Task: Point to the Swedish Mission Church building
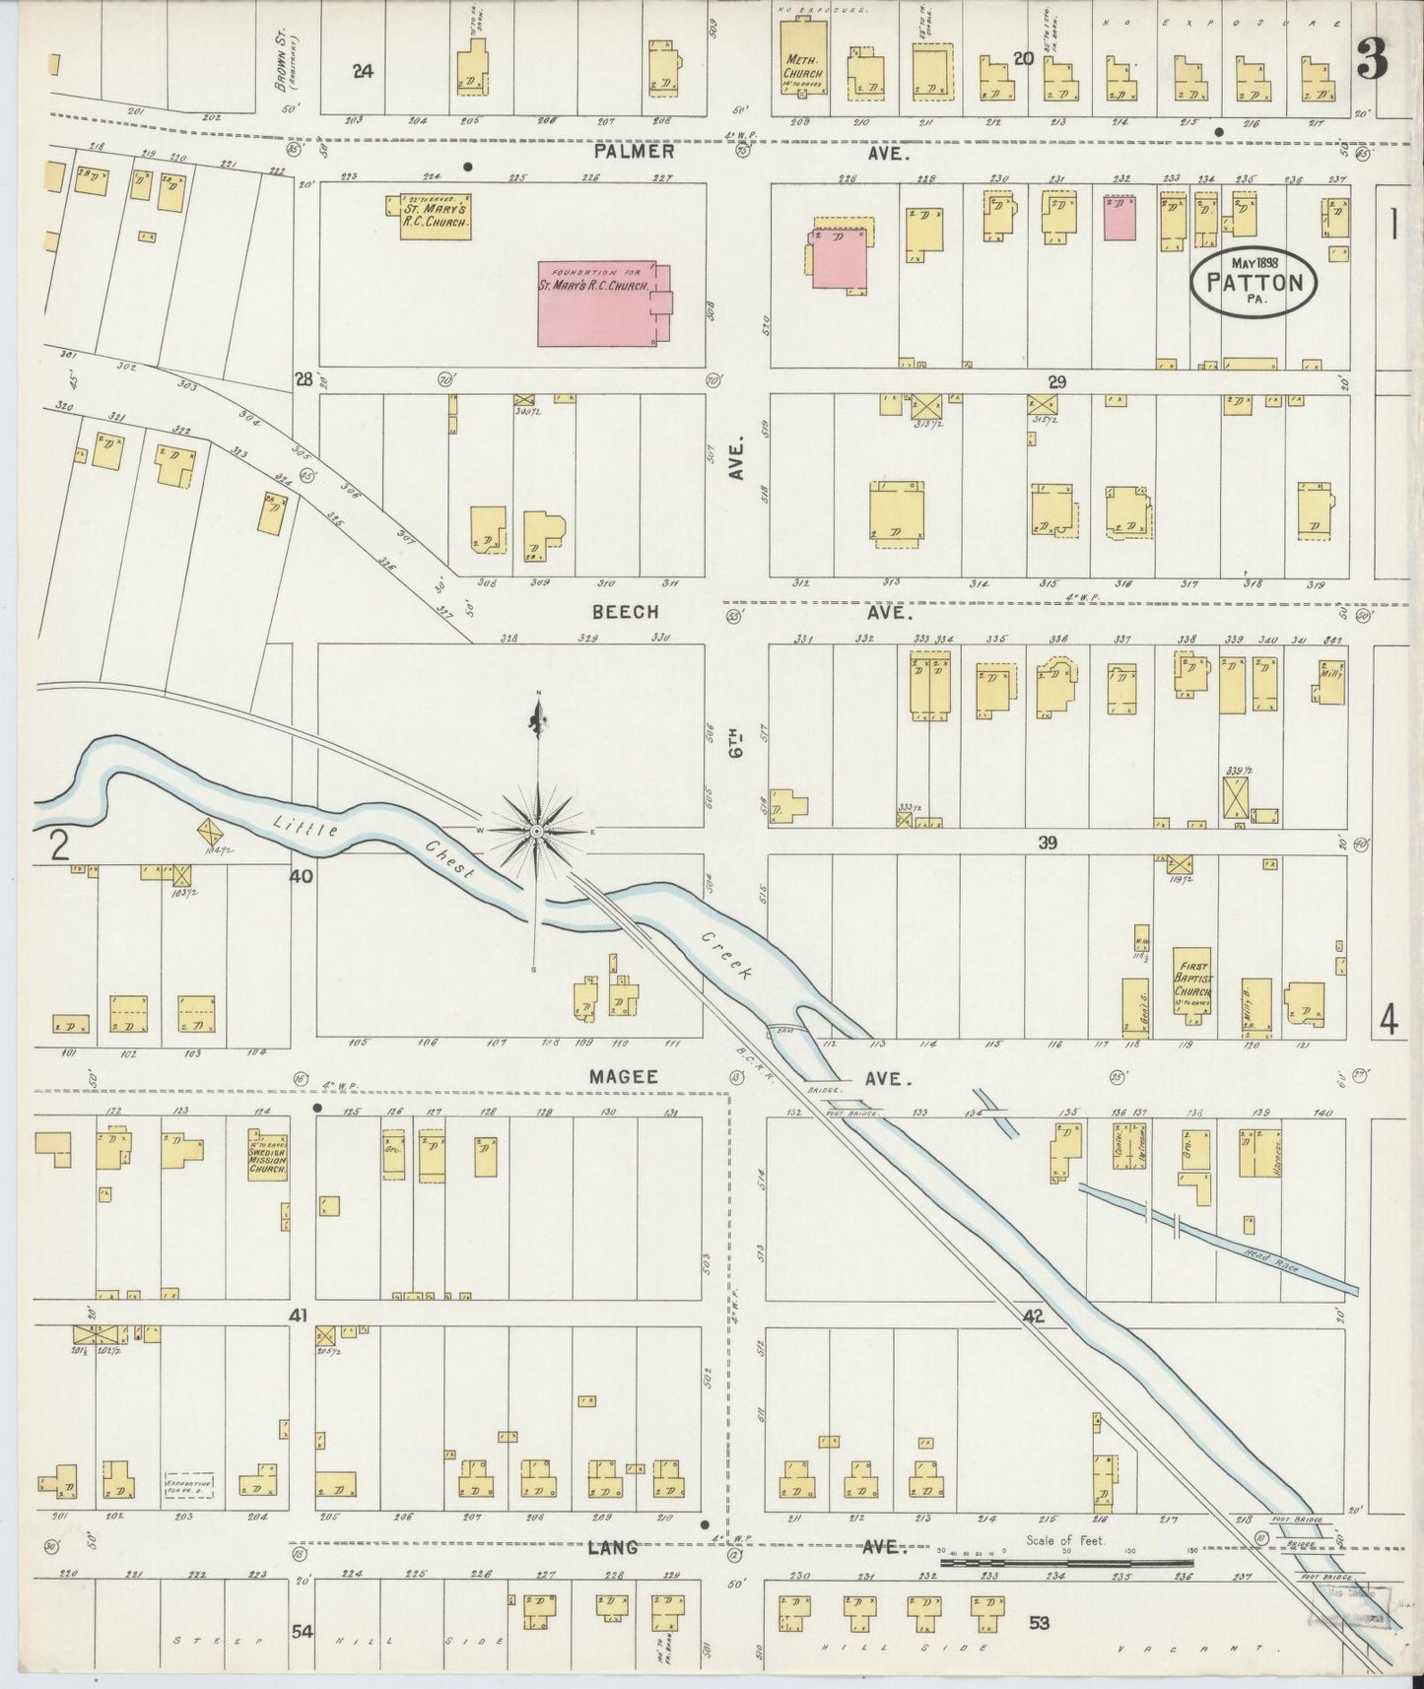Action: pyautogui.click(x=267, y=1154)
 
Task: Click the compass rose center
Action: pyautogui.click(x=536, y=833)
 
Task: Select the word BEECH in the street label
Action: pyautogui.click(x=625, y=612)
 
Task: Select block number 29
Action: pyautogui.click(x=1057, y=381)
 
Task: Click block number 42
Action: pyautogui.click(x=1032, y=1316)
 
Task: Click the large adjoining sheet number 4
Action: pyautogui.click(x=1389, y=1022)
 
